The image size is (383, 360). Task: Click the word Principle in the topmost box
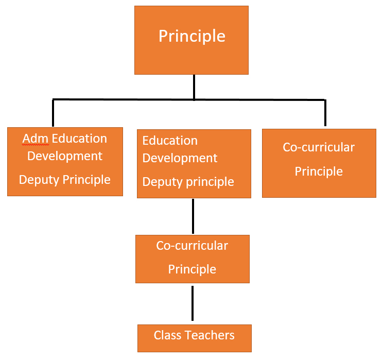[x=191, y=36]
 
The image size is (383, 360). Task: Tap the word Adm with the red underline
[x=34, y=139]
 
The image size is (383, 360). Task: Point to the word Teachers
[x=211, y=336]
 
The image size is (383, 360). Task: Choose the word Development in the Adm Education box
[x=65, y=156]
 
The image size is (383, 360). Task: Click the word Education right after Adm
[x=79, y=139]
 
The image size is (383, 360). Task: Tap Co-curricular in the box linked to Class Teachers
[x=192, y=246]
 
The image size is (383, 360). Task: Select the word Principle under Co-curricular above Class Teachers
[x=192, y=269]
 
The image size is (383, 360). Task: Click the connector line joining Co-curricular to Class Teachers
[x=193, y=303]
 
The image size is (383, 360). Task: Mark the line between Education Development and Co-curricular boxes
[x=193, y=216]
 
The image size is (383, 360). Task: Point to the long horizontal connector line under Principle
[x=129, y=99]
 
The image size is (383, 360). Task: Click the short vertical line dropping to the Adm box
[x=53, y=113]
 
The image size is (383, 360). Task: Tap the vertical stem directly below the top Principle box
[x=194, y=86]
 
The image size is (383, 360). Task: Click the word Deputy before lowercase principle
[x=161, y=182]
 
